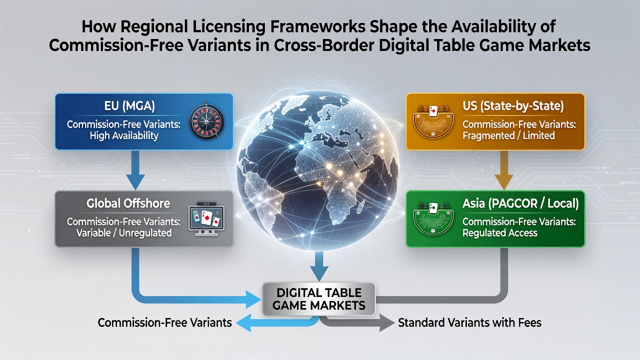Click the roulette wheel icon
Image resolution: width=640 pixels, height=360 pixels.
(206, 121)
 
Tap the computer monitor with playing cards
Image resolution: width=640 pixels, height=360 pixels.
(206, 219)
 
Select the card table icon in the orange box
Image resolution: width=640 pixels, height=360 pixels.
(433, 121)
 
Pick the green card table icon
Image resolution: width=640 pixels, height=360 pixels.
(433, 219)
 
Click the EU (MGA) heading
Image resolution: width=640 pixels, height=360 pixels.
(129, 106)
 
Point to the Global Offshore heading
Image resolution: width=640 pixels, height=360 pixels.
(128, 203)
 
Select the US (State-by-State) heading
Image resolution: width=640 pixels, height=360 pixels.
(513, 106)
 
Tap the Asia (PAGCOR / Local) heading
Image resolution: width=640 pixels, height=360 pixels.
(520, 203)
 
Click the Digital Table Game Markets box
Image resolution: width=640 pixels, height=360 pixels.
(319, 299)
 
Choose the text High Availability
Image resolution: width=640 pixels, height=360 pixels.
(124, 135)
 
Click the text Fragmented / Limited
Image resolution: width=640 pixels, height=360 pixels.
(508, 135)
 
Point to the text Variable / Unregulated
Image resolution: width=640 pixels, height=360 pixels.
(124, 233)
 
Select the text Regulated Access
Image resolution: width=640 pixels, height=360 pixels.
(500, 233)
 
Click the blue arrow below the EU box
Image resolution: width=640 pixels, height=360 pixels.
(135, 170)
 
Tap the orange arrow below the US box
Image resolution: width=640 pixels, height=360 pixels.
(504, 170)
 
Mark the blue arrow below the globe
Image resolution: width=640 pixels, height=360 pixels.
(319, 266)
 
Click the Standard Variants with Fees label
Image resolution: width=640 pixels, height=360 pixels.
(469, 323)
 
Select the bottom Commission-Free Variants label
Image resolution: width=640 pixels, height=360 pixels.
(165, 323)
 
